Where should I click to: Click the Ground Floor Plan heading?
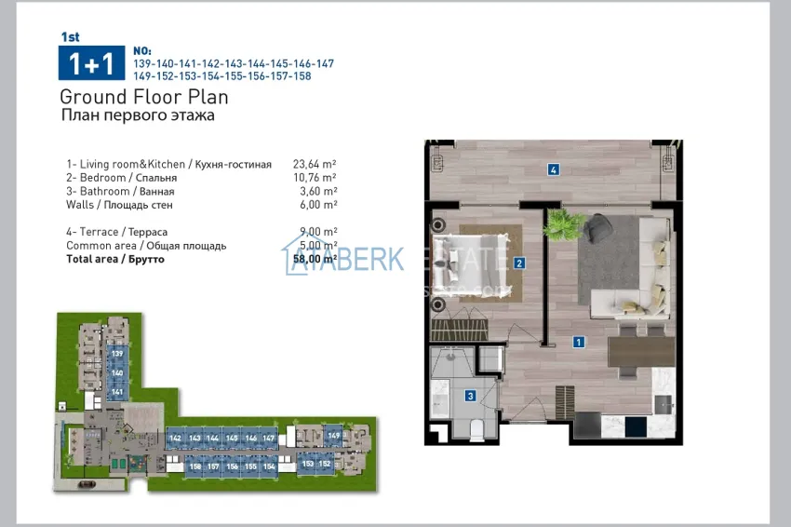pyautogui.click(x=143, y=97)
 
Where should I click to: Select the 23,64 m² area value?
pyautogui.click(x=315, y=164)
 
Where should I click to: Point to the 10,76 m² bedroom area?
pyautogui.click(x=315, y=177)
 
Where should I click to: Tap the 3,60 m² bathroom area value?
pyautogui.click(x=318, y=191)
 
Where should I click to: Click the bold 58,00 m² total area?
pyautogui.click(x=315, y=259)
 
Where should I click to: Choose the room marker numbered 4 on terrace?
pyautogui.click(x=553, y=169)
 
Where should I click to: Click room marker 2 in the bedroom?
pyautogui.click(x=519, y=263)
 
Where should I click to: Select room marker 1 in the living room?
pyautogui.click(x=579, y=342)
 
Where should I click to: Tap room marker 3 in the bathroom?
pyautogui.click(x=471, y=396)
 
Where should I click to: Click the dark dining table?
pyautogui.click(x=640, y=352)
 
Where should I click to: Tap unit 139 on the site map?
pyautogui.click(x=117, y=355)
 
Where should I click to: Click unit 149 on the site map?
pyautogui.click(x=334, y=435)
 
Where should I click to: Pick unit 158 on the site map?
pyautogui.click(x=195, y=466)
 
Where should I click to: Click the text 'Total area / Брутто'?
pyautogui.click(x=115, y=259)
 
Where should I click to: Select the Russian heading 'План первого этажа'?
pyautogui.click(x=137, y=115)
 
